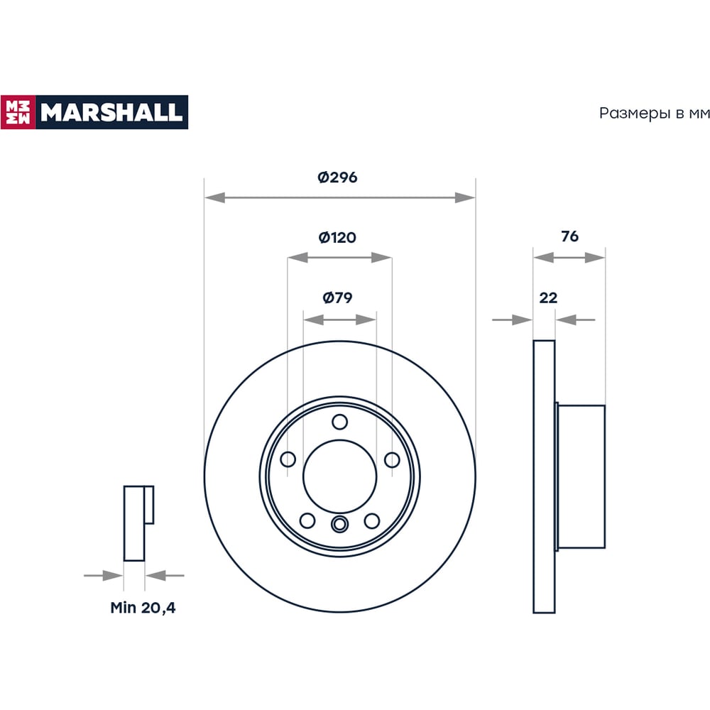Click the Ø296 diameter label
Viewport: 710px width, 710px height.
click(337, 177)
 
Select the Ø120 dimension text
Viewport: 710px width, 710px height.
click(337, 237)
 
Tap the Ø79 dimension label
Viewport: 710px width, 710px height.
click(337, 297)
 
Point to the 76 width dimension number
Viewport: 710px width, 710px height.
click(569, 236)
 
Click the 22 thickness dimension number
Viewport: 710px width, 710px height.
click(548, 297)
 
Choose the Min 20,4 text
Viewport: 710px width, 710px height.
click(143, 607)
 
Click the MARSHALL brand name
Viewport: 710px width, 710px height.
click(111, 112)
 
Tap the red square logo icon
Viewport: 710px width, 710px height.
click(18, 112)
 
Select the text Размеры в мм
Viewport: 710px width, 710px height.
click(655, 113)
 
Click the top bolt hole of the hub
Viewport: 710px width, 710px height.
click(339, 422)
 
